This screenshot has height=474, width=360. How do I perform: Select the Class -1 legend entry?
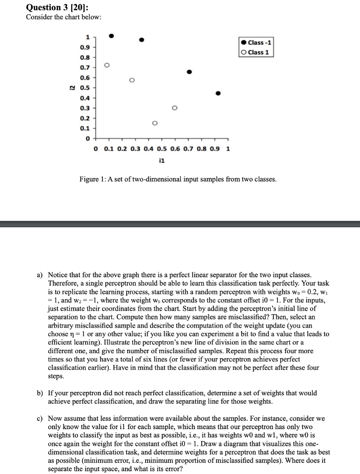coord(257,43)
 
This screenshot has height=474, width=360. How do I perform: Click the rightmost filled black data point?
coord(218,94)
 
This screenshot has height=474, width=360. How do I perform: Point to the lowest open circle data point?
coord(155,123)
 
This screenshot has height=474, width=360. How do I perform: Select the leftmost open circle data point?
coord(107,65)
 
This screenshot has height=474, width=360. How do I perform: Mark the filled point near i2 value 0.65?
coord(189,72)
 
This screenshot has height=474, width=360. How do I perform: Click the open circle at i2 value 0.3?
coord(174,108)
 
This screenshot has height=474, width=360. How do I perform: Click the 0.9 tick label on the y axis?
coord(85,47)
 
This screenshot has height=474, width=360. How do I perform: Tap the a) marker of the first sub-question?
coord(40,275)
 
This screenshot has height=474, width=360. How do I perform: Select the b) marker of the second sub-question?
coord(40,393)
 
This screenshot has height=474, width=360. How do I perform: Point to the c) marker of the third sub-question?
coord(40,418)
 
